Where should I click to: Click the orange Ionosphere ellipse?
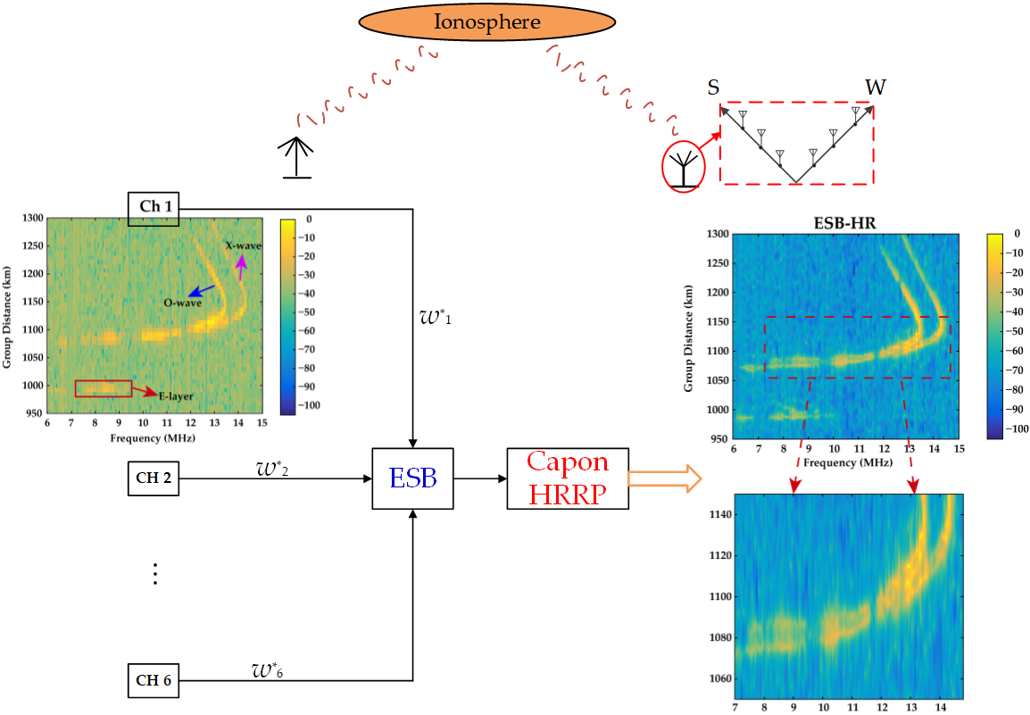[486, 21]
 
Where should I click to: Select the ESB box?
[412, 478]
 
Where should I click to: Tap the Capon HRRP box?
[568, 478]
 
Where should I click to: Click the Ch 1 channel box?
[154, 208]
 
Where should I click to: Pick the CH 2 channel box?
[154, 478]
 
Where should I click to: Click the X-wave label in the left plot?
[244, 245]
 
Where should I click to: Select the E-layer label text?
[176, 395]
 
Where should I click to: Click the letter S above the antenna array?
[713, 87]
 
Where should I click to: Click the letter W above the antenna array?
[876, 87]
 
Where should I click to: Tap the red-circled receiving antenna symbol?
[683, 167]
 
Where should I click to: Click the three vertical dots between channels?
[154, 574]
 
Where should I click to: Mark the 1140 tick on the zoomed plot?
[720, 514]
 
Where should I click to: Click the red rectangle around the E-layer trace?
[104, 388]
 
